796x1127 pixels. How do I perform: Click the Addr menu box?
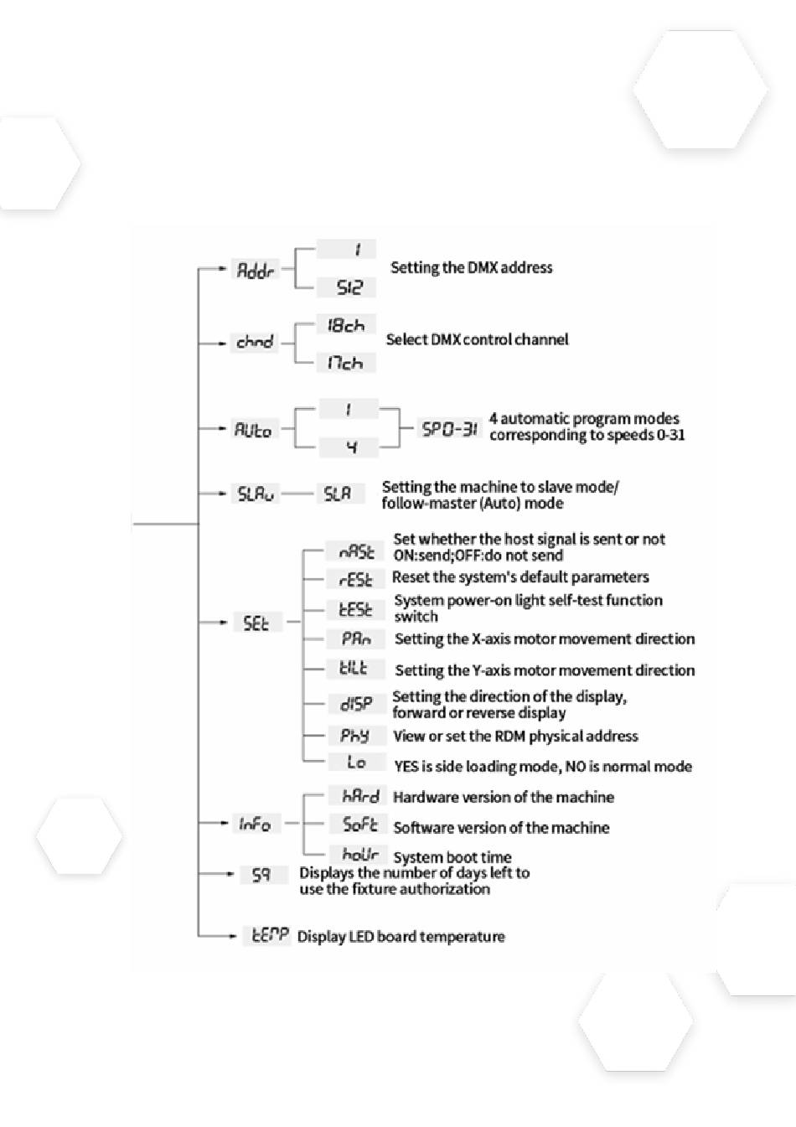(x=255, y=270)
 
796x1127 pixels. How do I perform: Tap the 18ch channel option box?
(x=345, y=326)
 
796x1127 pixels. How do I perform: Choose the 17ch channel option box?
(x=345, y=363)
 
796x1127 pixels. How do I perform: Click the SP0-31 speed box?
(x=449, y=429)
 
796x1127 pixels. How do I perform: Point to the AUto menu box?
(x=253, y=429)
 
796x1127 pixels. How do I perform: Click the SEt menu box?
(x=256, y=623)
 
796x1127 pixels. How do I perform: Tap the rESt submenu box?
(x=356, y=579)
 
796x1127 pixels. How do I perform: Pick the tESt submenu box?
(x=355, y=609)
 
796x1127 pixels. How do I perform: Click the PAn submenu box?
(x=356, y=638)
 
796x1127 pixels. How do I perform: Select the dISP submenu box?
(x=356, y=704)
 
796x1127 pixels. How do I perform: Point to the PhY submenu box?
(x=354, y=736)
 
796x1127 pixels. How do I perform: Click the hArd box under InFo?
(x=359, y=796)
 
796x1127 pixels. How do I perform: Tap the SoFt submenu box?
(x=359, y=825)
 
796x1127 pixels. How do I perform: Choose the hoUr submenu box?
(x=359, y=856)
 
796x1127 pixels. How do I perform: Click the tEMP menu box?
(x=267, y=935)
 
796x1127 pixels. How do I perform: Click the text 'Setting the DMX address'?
(x=471, y=268)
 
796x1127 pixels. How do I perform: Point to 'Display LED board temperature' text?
(x=401, y=936)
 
